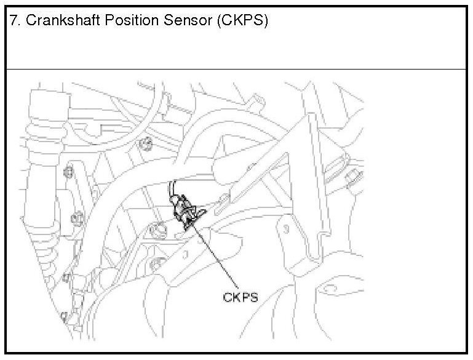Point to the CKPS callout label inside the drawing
240,297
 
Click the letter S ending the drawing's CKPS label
253,297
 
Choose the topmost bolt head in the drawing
146,145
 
